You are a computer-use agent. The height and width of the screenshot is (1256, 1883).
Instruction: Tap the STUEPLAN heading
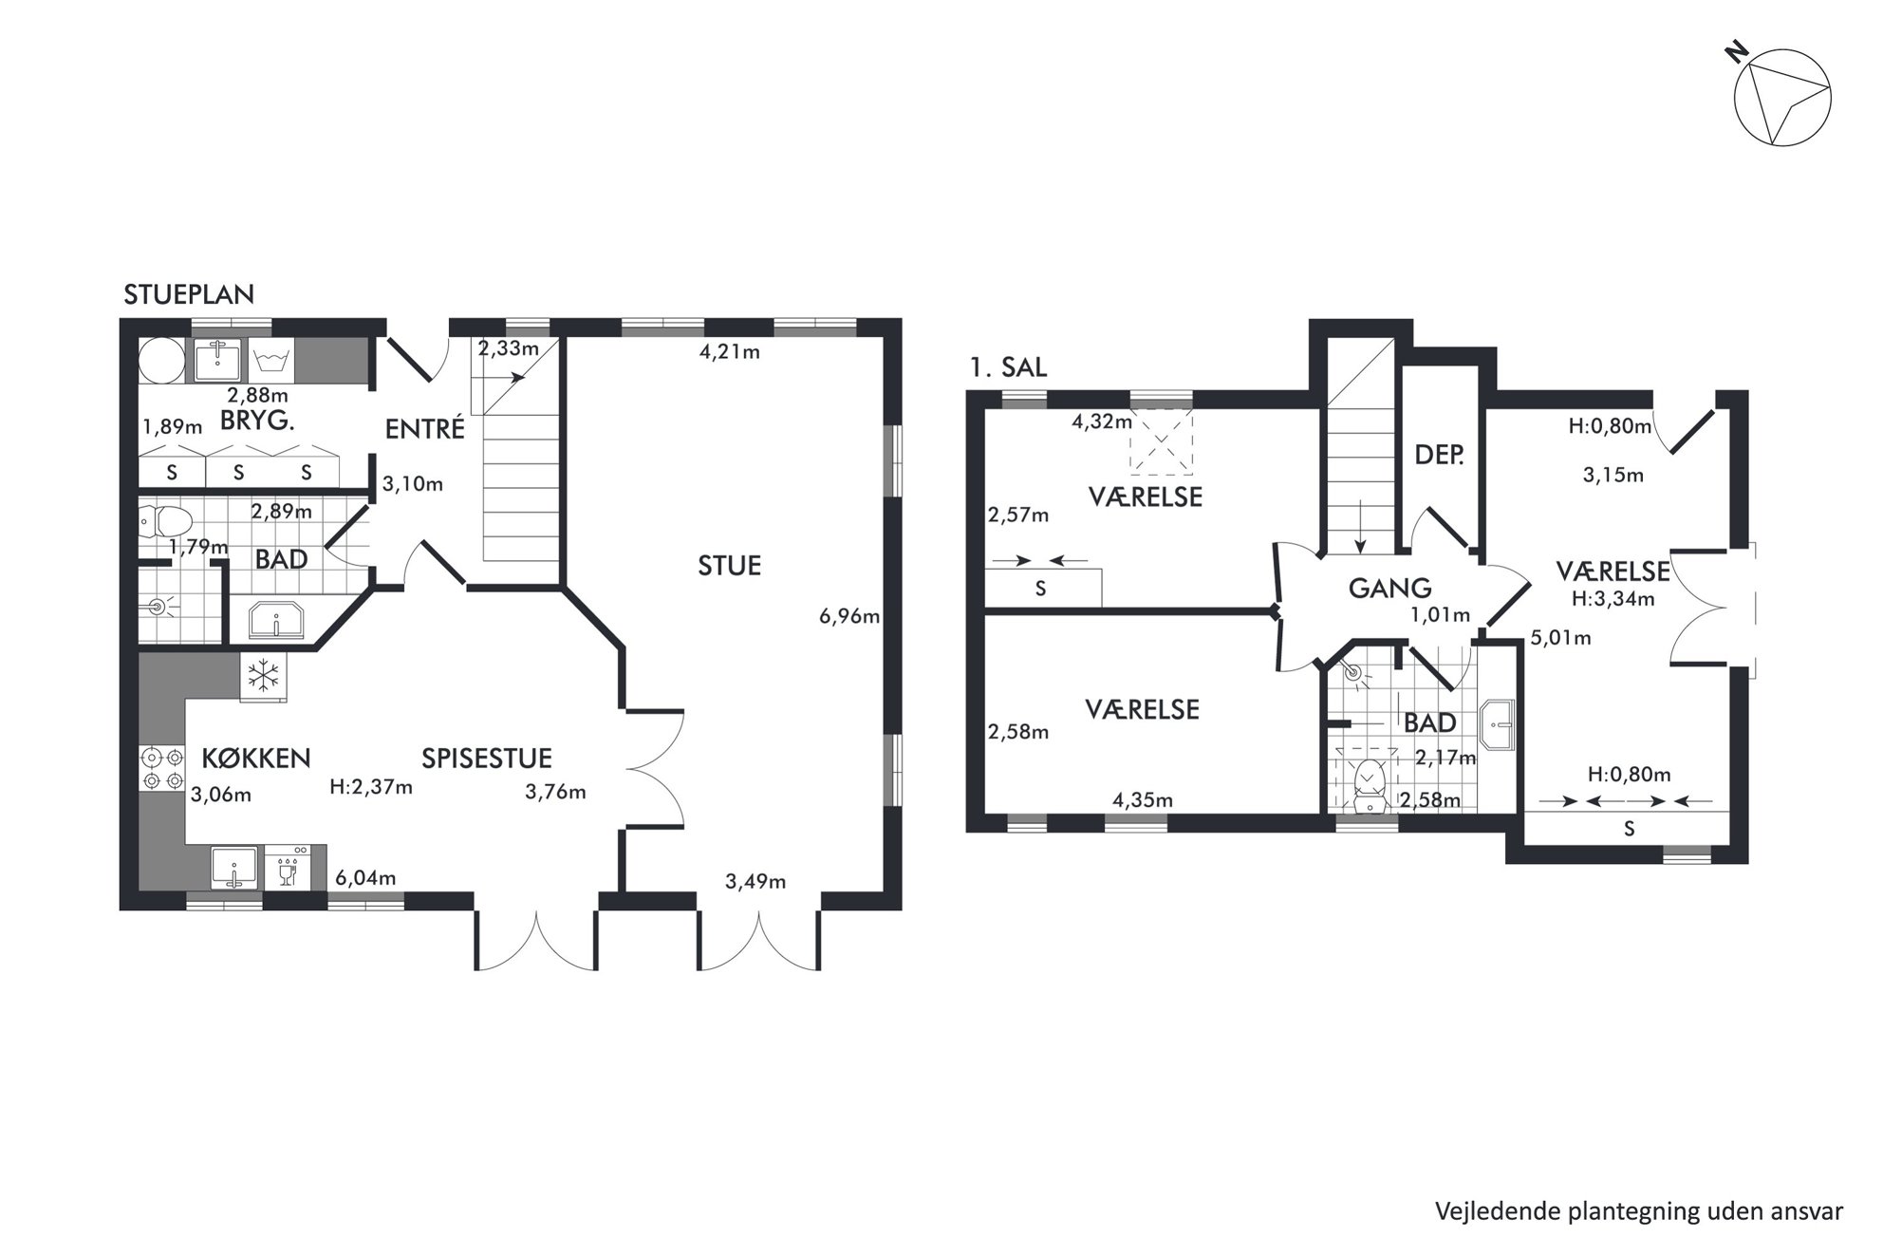189,295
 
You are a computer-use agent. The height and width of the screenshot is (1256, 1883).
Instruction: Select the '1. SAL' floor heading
1008,368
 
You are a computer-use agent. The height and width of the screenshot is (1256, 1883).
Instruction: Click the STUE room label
729,566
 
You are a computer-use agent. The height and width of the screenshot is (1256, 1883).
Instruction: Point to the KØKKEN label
256,758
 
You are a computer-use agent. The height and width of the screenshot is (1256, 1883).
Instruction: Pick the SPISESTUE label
487,758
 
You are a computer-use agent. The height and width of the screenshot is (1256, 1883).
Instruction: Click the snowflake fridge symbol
263,677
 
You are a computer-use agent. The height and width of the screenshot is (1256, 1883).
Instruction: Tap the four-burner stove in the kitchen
161,769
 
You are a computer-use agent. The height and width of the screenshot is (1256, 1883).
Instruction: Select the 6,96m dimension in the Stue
849,616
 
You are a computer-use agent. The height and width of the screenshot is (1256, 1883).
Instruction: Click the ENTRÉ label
425,429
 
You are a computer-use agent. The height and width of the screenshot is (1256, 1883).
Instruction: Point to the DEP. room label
1439,455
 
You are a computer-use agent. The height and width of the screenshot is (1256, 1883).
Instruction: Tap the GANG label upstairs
1389,589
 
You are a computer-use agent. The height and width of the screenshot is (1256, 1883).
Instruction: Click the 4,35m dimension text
1143,800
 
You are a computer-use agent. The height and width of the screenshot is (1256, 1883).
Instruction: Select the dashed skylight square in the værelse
1161,441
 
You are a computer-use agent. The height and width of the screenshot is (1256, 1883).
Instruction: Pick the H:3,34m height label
1613,599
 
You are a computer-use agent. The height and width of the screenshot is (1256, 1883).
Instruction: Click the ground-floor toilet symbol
165,521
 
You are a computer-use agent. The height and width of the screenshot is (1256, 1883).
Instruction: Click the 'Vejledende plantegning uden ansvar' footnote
1639,1210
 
